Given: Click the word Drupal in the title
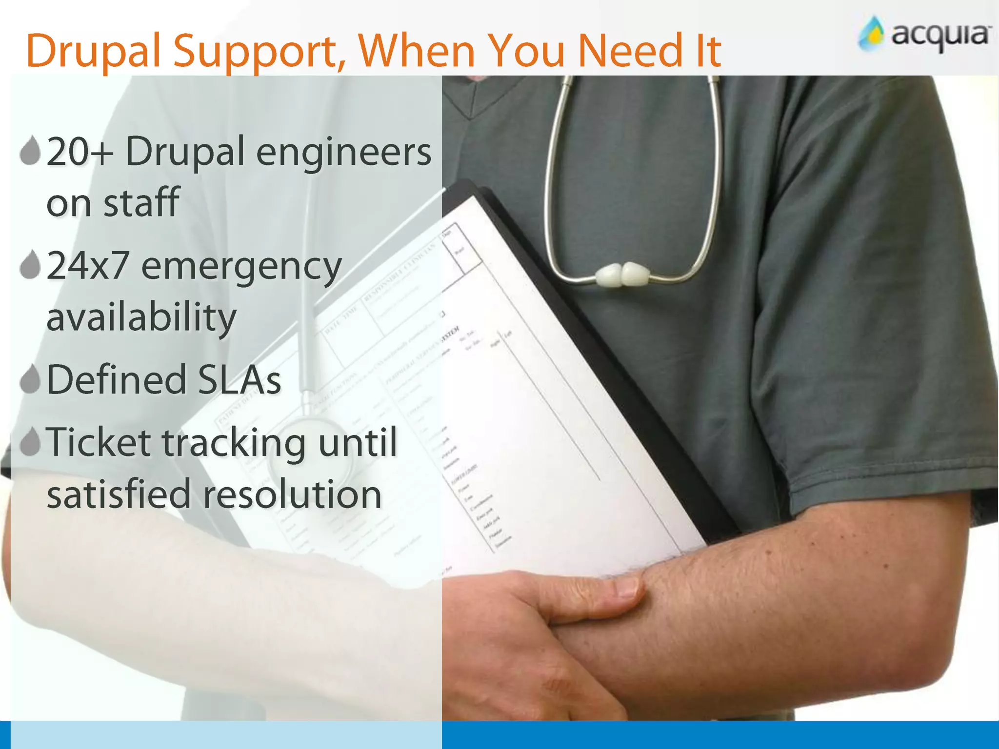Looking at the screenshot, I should tap(93, 51).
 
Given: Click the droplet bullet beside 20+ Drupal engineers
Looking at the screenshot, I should tap(30, 151).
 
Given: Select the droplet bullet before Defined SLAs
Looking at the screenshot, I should tap(30, 379).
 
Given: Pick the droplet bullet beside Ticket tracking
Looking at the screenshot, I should tap(30, 442).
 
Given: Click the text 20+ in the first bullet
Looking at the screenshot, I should tap(80, 152).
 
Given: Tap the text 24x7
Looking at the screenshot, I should tap(88, 266).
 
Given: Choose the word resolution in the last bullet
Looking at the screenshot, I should tap(292, 494).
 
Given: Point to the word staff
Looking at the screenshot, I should tap(141, 202).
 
